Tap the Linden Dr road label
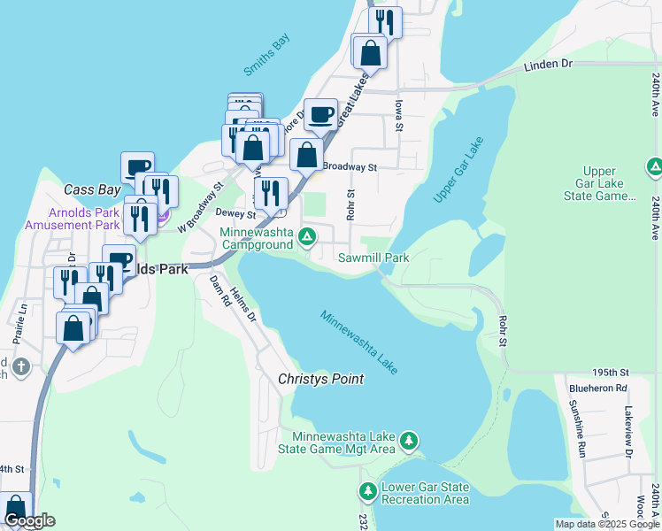tap(549, 65)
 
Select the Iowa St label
tap(398, 116)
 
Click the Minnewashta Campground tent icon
tap(306, 236)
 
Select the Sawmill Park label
tap(373, 258)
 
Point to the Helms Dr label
tap(243, 305)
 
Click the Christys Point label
tap(320, 379)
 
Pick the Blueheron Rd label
tap(598, 388)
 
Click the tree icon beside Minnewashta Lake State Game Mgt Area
tap(408, 440)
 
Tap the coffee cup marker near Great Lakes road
tap(320, 114)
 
